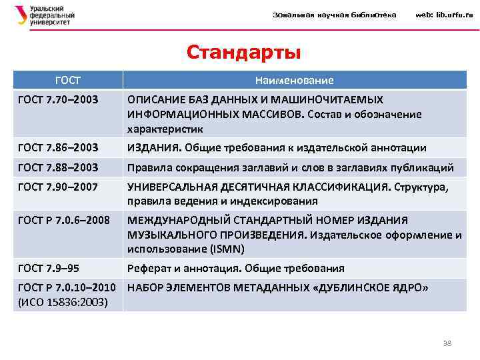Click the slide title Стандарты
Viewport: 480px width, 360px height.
point(243,51)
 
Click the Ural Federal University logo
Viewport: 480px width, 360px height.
point(44,15)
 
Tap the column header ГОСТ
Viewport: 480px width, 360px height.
point(68,80)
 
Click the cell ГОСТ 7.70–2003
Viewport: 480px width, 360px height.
point(59,99)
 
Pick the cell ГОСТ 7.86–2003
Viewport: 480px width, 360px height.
point(59,147)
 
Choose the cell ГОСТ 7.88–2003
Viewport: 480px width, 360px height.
point(59,167)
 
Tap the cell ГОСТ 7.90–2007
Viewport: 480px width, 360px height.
point(59,187)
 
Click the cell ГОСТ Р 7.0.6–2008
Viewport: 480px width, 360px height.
point(64,219)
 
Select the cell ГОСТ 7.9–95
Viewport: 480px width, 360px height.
point(49,268)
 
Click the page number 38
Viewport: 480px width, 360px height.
point(447,343)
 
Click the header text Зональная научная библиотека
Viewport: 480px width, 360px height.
point(335,15)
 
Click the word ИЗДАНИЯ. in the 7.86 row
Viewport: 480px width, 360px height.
point(154,147)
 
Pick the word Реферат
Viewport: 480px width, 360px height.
point(148,268)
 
